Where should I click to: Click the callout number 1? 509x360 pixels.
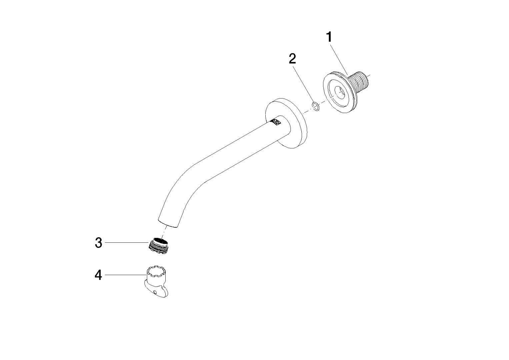pyautogui.click(x=329, y=37)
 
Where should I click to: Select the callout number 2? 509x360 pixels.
pyautogui.click(x=292, y=59)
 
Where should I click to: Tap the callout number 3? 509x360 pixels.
pyautogui.click(x=98, y=243)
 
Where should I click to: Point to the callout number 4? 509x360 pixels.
pyautogui.click(x=98, y=275)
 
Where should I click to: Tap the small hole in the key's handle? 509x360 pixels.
pyautogui.click(x=155, y=292)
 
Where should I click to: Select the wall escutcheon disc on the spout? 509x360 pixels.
pyautogui.click(x=287, y=123)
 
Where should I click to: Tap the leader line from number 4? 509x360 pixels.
pyautogui.click(x=125, y=275)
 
